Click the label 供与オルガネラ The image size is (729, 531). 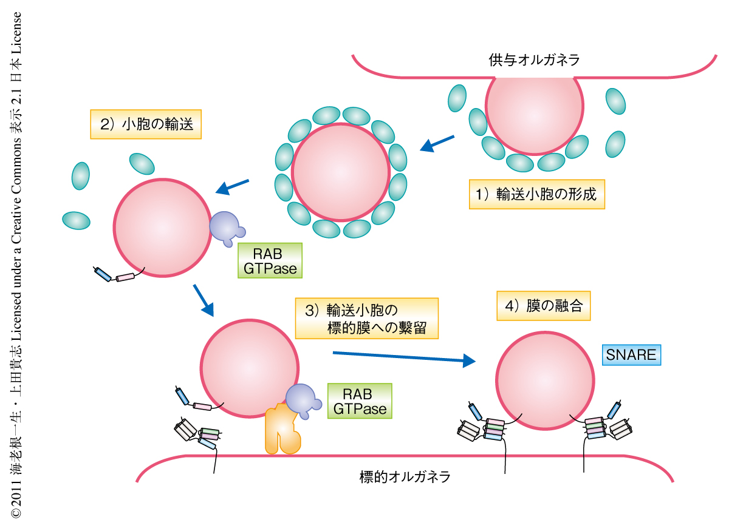(x=534, y=60)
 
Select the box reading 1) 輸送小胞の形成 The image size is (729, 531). (x=537, y=194)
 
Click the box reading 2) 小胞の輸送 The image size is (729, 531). (x=146, y=124)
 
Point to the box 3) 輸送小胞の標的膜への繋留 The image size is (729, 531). (x=366, y=318)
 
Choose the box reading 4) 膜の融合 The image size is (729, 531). (x=543, y=306)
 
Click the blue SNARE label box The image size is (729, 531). (x=631, y=355)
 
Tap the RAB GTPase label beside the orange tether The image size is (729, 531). (x=360, y=401)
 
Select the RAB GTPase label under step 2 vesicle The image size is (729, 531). (x=270, y=261)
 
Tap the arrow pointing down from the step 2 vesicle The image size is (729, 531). (x=204, y=300)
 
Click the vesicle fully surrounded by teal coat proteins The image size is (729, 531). (x=340, y=172)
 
